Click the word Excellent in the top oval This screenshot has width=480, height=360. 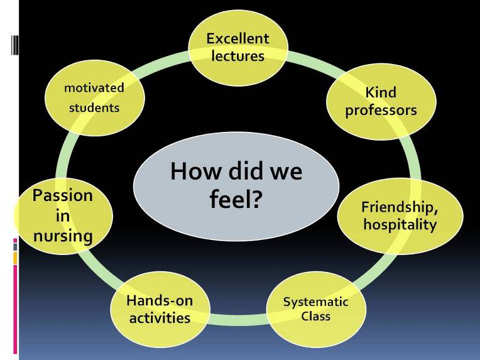237,38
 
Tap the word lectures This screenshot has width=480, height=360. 238,56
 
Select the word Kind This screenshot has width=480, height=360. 381,92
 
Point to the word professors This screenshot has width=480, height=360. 381,111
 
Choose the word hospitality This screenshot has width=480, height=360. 400,224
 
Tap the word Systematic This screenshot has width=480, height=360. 315,302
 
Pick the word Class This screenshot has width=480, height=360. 315,316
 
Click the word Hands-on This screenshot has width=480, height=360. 160,300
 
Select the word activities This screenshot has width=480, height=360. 160,318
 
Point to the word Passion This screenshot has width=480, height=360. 63,195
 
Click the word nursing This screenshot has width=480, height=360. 63,236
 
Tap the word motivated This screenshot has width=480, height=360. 94,88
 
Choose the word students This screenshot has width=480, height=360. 94,108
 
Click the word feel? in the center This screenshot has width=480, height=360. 236,199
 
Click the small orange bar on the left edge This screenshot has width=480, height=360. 15,258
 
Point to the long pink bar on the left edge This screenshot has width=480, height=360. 15,309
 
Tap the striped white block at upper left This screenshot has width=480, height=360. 15,45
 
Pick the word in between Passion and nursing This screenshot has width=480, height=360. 63,216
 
